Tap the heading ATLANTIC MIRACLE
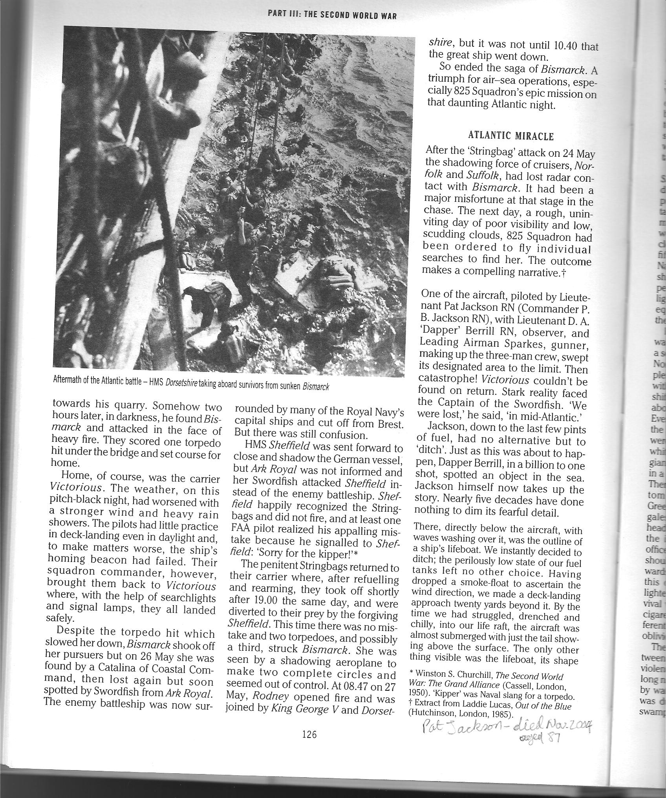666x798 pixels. pos(511,136)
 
